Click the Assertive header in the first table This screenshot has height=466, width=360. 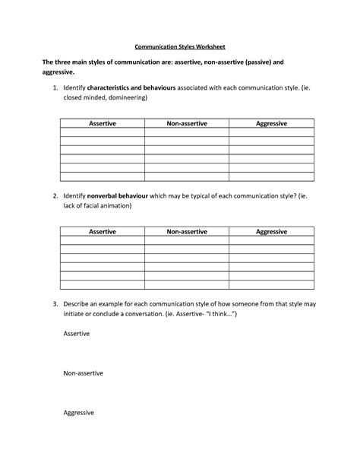[x=102, y=123]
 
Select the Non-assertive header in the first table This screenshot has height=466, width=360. [x=186, y=123]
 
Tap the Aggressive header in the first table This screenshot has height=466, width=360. [x=271, y=123]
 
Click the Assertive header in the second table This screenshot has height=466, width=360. [x=102, y=231]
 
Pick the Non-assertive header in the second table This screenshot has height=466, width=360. [x=186, y=231]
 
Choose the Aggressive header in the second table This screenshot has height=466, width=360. [x=271, y=231]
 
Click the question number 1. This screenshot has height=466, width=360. [x=55, y=88]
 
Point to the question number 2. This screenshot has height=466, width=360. [x=55, y=196]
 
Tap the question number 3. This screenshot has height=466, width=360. [x=55, y=304]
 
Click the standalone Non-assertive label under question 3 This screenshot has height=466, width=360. [x=83, y=373]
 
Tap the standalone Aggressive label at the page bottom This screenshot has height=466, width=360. [x=78, y=413]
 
